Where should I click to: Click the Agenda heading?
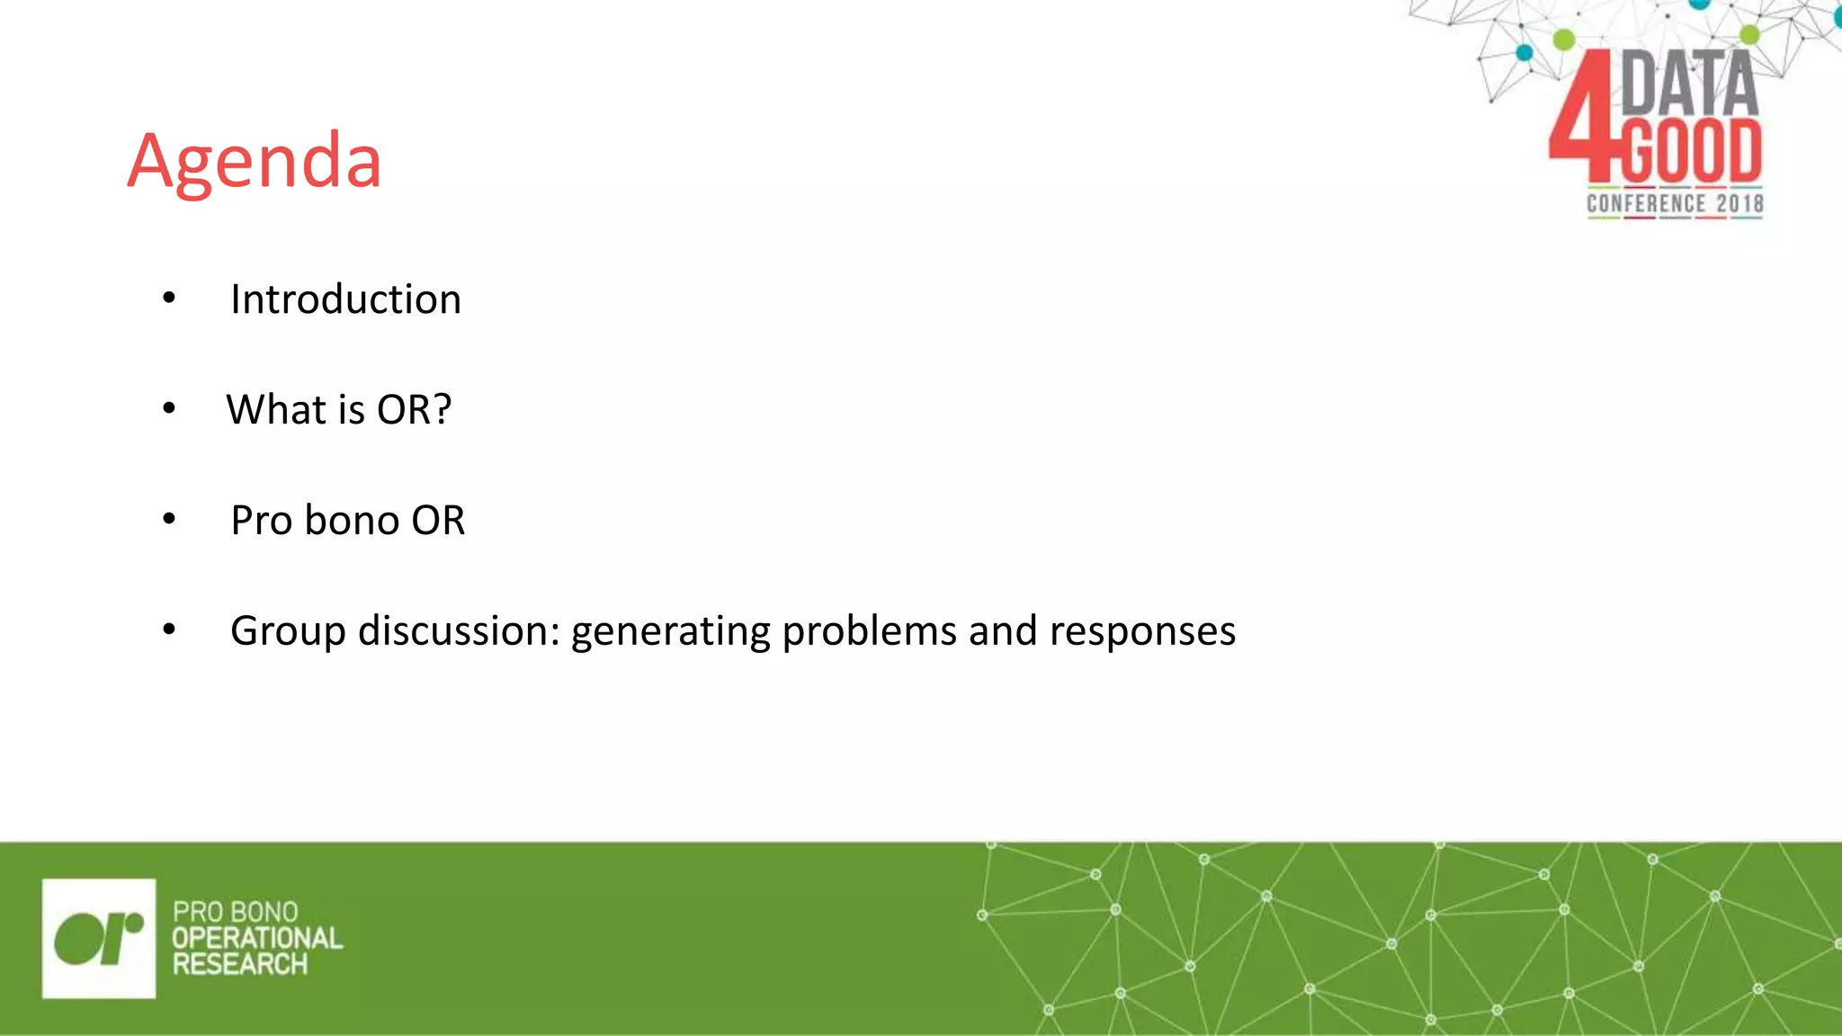pyautogui.click(x=255, y=162)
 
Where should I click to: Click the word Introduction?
pyautogui.click(x=345, y=299)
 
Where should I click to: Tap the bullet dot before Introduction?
pyautogui.click(x=169, y=299)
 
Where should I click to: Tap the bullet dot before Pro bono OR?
pyautogui.click(x=169, y=520)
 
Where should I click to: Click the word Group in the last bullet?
pyautogui.click(x=287, y=631)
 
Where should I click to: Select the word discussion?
pyautogui.click(x=459, y=631)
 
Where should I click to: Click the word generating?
pyautogui.click(x=671, y=631)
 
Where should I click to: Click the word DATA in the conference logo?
pyautogui.click(x=1689, y=83)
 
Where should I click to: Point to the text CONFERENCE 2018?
pyautogui.click(x=1675, y=204)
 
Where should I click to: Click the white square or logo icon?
pyautogui.click(x=99, y=938)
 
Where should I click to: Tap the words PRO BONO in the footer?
pyautogui.click(x=235, y=912)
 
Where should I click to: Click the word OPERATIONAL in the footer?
pyautogui.click(x=257, y=938)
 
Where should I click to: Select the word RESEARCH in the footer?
pyautogui.click(x=240, y=964)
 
